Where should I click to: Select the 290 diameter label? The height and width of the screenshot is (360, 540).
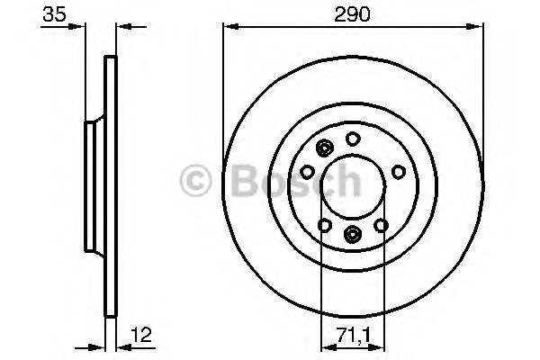click(x=353, y=15)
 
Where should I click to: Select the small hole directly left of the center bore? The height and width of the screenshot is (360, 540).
click(x=307, y=170)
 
